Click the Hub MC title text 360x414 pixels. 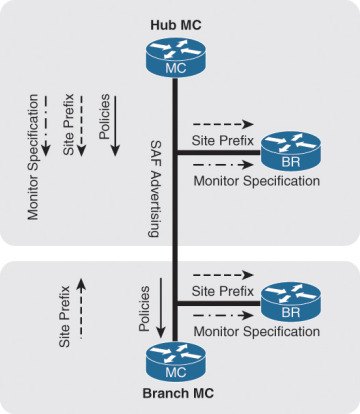174,22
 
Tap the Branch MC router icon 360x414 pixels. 174,361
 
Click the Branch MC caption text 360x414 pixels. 174,399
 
